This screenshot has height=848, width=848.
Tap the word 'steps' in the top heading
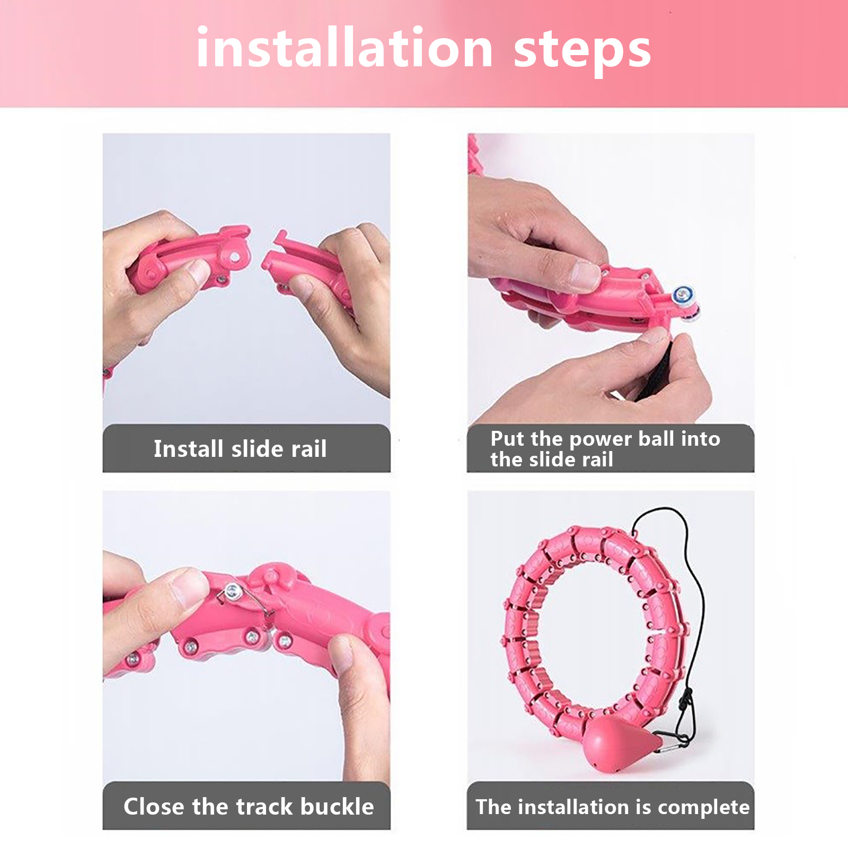[x=582, y=52]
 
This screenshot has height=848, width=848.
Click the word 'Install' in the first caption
[x=188, y=448]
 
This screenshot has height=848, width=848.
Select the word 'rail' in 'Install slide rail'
[x=308, y=448]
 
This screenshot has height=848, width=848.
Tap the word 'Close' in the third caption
[x=154, y=806]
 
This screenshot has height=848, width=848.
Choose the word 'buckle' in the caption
[x=337, y=806]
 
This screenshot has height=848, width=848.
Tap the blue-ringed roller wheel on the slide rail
[x=684, y=295]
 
